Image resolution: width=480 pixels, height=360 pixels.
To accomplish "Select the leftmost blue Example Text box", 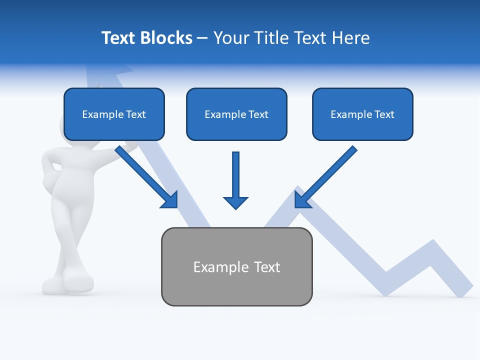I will (114, 114).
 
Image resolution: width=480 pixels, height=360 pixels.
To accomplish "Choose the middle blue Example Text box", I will (236, 114).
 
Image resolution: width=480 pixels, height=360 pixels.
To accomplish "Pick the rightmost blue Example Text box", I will (362, 114).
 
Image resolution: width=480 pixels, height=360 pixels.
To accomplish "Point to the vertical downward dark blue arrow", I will (235, 180).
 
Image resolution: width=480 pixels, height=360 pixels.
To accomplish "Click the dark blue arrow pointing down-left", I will (325, 177).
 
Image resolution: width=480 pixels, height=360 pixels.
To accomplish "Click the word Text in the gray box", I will (267, 267).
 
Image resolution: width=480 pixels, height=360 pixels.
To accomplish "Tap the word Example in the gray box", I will (220, 267).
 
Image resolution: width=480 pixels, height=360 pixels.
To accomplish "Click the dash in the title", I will (202, 38).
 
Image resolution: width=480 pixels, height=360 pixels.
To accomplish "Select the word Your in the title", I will (229, 38).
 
